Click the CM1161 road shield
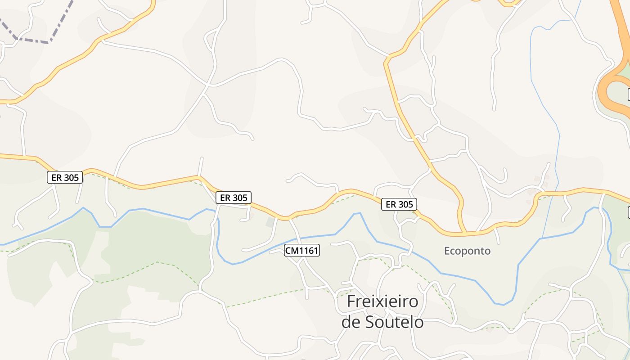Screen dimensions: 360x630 click(x=301, y=250)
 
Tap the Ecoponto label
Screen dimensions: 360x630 click(x=467, y=251)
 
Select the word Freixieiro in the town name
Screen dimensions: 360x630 click(x=382, y=301)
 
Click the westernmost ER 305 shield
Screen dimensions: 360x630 click(x=65, y=177)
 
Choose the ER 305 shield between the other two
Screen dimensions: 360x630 click(x=233, y=198)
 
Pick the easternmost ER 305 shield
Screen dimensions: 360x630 click(x=399, y=204)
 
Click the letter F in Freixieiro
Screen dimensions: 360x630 click(x=351, y=301)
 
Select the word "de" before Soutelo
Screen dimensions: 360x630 click(x=350, y=322)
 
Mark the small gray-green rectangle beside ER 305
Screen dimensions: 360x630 click(x=270, y=222)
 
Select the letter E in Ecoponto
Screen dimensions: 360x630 click(x=447, y=251)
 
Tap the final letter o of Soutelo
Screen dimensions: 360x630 click(x=419, y=322)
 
